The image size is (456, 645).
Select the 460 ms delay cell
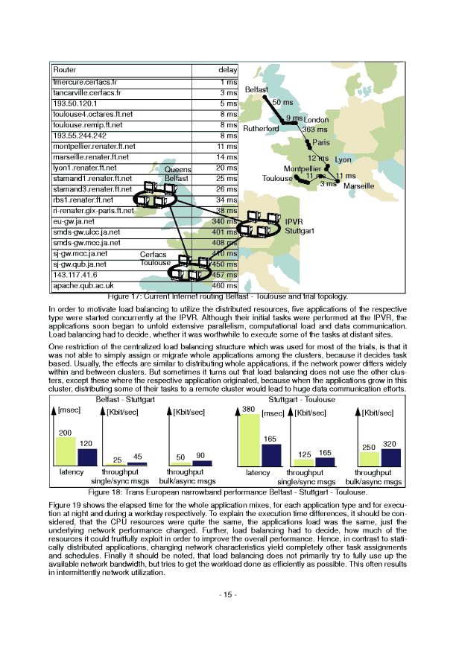[x=225, y=285]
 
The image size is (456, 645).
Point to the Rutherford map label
[x=261, y=128]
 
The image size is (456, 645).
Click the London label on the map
[x=317, y=120]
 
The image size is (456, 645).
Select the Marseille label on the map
[x=358, y=185]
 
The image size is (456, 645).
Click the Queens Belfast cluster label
[x=177, y=174]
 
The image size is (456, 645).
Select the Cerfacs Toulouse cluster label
[x=155, y=258]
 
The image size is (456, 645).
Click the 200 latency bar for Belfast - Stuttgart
[x=66, y=451]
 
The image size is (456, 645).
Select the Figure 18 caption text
[x=227, y=492]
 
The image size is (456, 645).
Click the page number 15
[x=227, y=594]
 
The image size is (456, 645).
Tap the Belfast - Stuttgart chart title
[x=126, y=400]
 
